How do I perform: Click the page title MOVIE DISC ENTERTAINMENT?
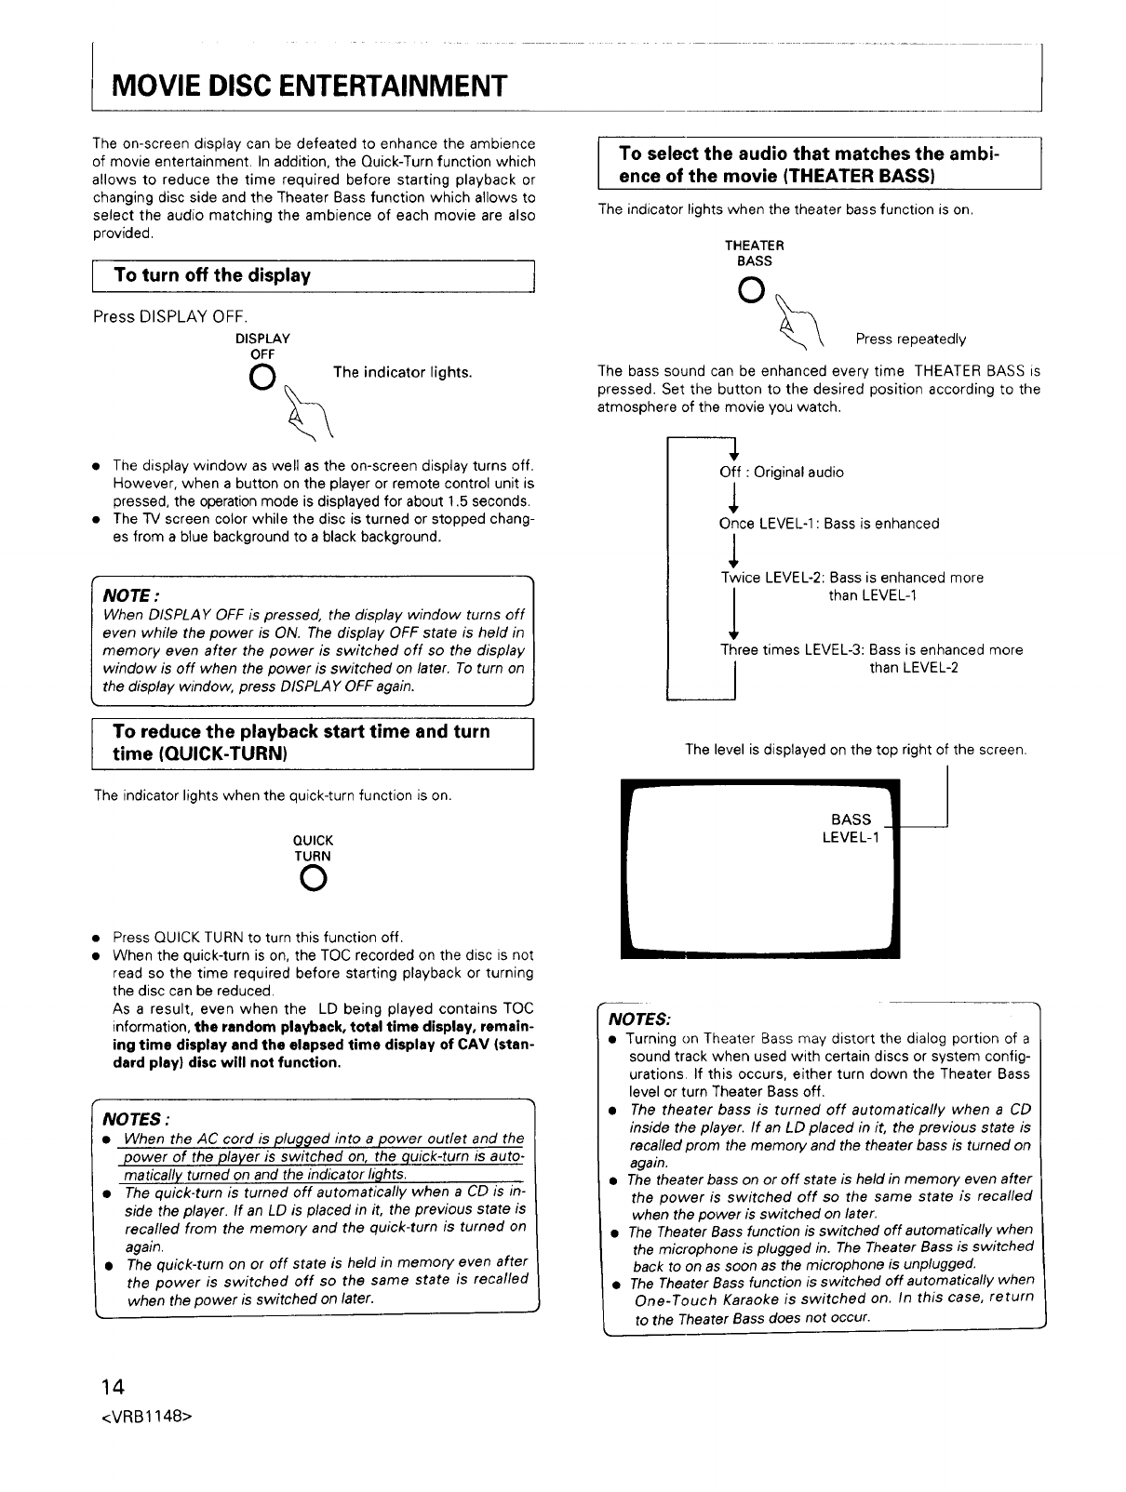pos(309,87)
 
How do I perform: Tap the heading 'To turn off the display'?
pos(211,275)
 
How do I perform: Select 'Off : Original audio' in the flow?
pos(782,473)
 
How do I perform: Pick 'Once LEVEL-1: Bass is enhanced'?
pos(829,524)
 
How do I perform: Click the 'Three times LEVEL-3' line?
pos(871,650)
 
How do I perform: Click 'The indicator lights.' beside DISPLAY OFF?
pos(402,373)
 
